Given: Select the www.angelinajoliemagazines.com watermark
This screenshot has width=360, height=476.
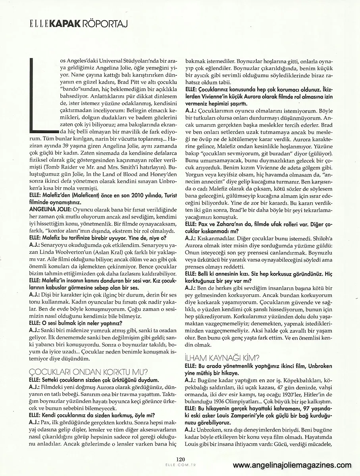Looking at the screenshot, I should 292,466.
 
